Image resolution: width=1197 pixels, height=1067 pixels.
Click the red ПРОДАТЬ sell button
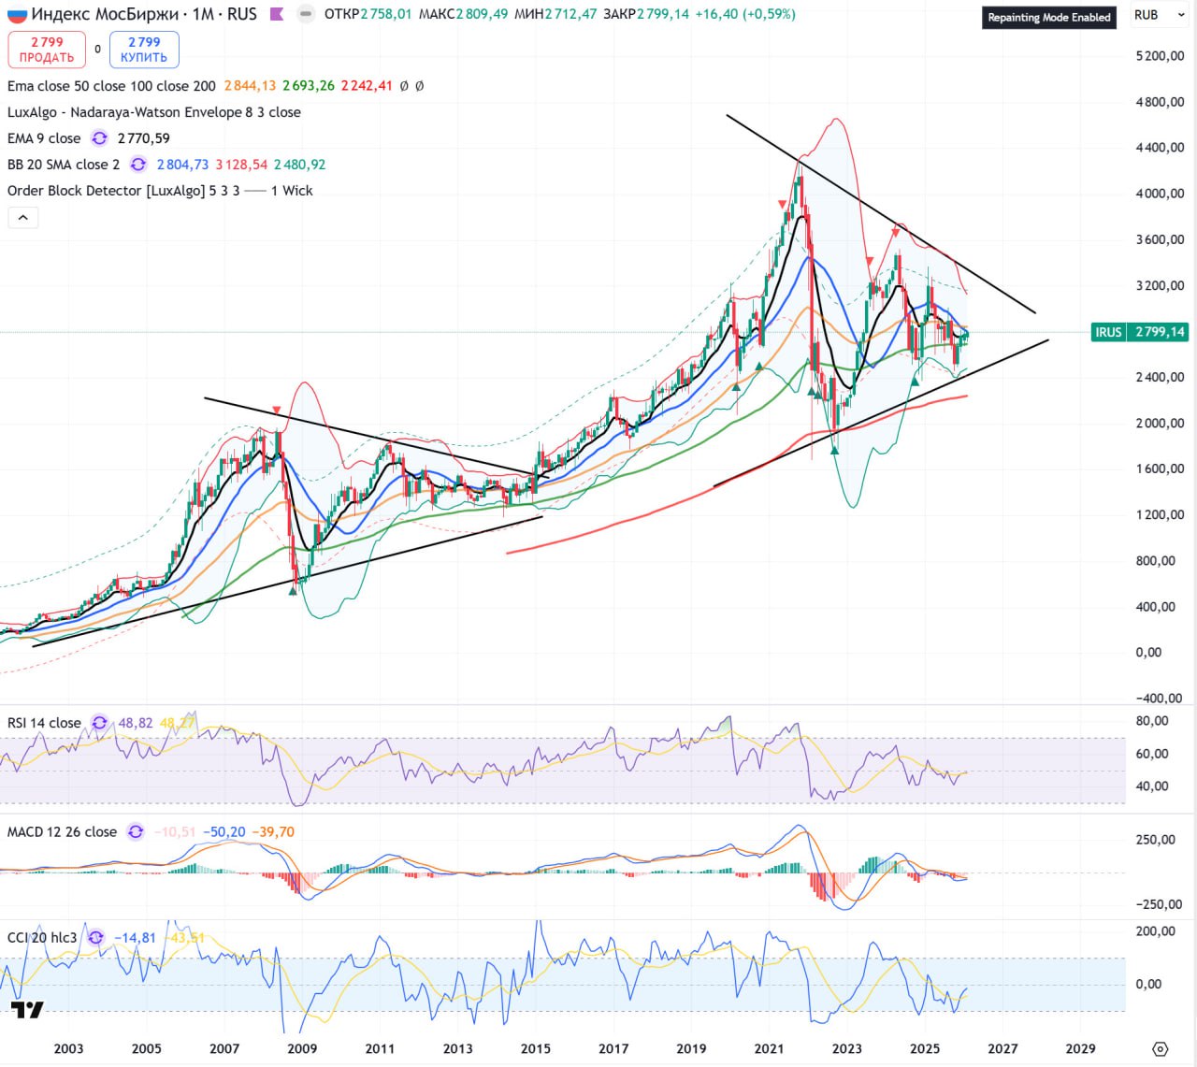click(47, 50)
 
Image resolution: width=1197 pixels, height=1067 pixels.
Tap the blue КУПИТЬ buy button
click(144, 50)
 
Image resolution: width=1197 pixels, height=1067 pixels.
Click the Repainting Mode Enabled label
click(1048, 17)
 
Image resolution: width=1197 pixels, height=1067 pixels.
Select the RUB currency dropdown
click(1158, 15)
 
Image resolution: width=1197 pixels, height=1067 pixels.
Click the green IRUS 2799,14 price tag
click(1140, 332)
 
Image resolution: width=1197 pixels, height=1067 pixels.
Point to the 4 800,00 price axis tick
click(1160, 102)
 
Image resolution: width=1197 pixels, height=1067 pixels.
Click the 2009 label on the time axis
click(302, 1048)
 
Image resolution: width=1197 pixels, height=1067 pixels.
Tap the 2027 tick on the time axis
click(1002, 1048)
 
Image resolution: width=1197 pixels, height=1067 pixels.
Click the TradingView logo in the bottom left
click(27, 1010)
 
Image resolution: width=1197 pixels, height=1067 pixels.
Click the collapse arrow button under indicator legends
click(23, 218)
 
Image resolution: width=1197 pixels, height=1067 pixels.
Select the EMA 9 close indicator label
click(44, 138)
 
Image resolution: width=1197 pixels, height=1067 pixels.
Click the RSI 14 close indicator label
click(44, 723)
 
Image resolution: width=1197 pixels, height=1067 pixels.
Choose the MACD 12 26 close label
click(62, 831)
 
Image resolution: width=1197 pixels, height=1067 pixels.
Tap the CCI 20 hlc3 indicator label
click(42, 937)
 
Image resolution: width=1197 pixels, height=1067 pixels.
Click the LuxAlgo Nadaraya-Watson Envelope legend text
click(154, 112)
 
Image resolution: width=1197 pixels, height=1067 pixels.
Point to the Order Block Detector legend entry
click(123, 191)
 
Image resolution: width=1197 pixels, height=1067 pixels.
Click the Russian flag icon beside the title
click(17, 15)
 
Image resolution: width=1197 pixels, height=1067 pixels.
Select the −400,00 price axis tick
click(1159, 699)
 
